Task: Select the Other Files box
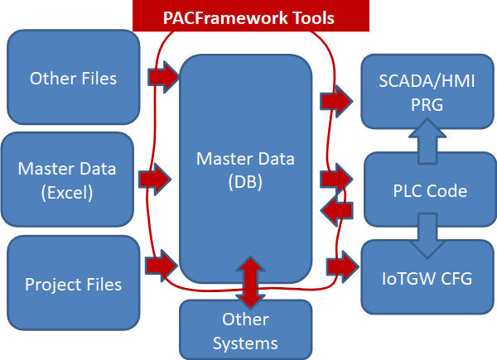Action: (x=73, y=79)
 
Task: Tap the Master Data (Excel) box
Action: (x=67, y=180)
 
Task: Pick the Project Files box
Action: (x=73, y=284)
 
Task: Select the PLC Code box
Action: (x=429, y=191)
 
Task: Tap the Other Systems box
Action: (x=245, y=330)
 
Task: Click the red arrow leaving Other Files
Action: (x=163, y=78)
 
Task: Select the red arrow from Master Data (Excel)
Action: (x=156, y=176)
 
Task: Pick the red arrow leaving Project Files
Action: (x=162, y=266)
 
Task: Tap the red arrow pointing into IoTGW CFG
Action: (x=342, y=266)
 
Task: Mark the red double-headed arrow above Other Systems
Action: (x=247, y=282)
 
